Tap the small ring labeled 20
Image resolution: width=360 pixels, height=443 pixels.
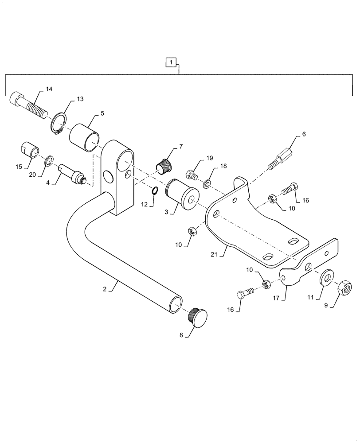click(x=49, y=160)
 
